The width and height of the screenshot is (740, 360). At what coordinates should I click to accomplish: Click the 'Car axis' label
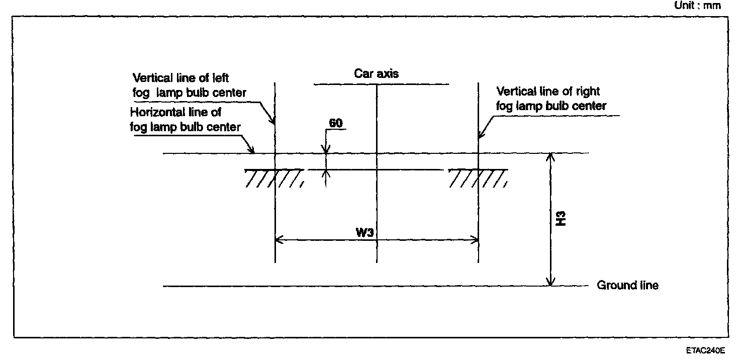376,73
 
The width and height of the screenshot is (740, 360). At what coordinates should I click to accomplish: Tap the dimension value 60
336,123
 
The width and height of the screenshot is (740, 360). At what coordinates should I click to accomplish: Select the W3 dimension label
364,232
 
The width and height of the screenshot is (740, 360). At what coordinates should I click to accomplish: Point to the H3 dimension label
561,219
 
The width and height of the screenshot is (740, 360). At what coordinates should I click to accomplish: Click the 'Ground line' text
628,285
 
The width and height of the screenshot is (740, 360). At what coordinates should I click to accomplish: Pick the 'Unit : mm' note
697,6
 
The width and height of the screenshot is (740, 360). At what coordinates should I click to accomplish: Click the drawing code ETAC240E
705,350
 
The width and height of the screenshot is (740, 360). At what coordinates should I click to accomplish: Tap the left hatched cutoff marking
274,178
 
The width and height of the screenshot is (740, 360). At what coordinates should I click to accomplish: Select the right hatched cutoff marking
478,178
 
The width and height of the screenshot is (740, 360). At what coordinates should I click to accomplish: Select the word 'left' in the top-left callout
220,78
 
